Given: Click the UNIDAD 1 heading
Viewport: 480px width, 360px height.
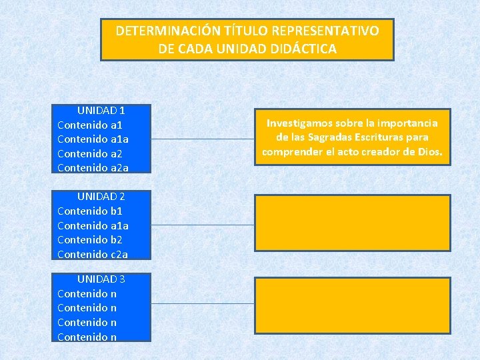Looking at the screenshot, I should (101, 110).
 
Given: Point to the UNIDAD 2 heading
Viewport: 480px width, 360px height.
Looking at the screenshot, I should (101, 197).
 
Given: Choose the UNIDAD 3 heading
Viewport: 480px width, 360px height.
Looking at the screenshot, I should (101, 279).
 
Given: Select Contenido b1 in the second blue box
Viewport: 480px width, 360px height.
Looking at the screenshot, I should (90, 211).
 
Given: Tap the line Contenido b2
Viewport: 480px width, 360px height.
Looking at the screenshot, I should (90, 240).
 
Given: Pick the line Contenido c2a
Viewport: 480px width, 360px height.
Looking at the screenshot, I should (93, 255).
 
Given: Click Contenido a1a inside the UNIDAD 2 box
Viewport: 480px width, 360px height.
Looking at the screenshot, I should (93, 226).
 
